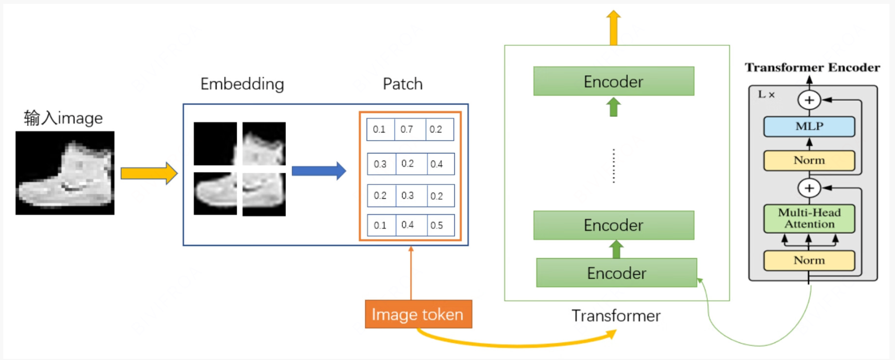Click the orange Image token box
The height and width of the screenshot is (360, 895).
pyautogui.click(x=418, y=314)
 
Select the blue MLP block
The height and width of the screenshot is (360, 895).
pyautogui.click(x=809, y=126)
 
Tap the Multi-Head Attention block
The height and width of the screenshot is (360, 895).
pyautogui.click(x=809, y=218)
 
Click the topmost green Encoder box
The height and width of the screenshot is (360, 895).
pyautogui.click(x=613, y=81)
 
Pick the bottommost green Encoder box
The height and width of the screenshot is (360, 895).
pyautogui.click(x=616, y=272)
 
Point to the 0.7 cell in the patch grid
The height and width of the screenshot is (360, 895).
pyautogui.click(x=408, y=130)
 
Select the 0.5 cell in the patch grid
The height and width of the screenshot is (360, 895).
pyautogui.click(x=438, y=225)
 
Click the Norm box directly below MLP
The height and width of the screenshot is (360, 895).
pyautogui.click(x=809, y=161)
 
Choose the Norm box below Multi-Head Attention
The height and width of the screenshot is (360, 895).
pyautogui.click(x=809, y=260)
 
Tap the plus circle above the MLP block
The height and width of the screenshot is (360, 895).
pyautogui.click(x=809, y=100)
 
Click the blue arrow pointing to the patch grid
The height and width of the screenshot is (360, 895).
pyautogui.click(x=318, y=171)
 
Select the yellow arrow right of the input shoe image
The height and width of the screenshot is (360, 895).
pyautogui.click(x=148, y=173)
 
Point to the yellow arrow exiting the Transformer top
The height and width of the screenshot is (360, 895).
pyautogui.click(x=613, y=28)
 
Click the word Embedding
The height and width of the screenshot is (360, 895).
pyautogui.click(x=242, y=84)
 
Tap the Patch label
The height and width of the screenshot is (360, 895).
pyautogui.click(x=403, y=84)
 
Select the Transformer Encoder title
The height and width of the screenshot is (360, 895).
pyautogui.click(x=812, y=68)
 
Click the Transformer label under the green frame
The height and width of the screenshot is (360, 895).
pyautogui.click(x=616, y=316)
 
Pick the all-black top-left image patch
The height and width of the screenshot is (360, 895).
pyautogui.click(x=215, y=143)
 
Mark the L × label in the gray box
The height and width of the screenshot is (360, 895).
pyautogui.click(x=766, y=95)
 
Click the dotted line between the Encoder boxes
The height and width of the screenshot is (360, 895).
pyautogui.click(x=614, y=166)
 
